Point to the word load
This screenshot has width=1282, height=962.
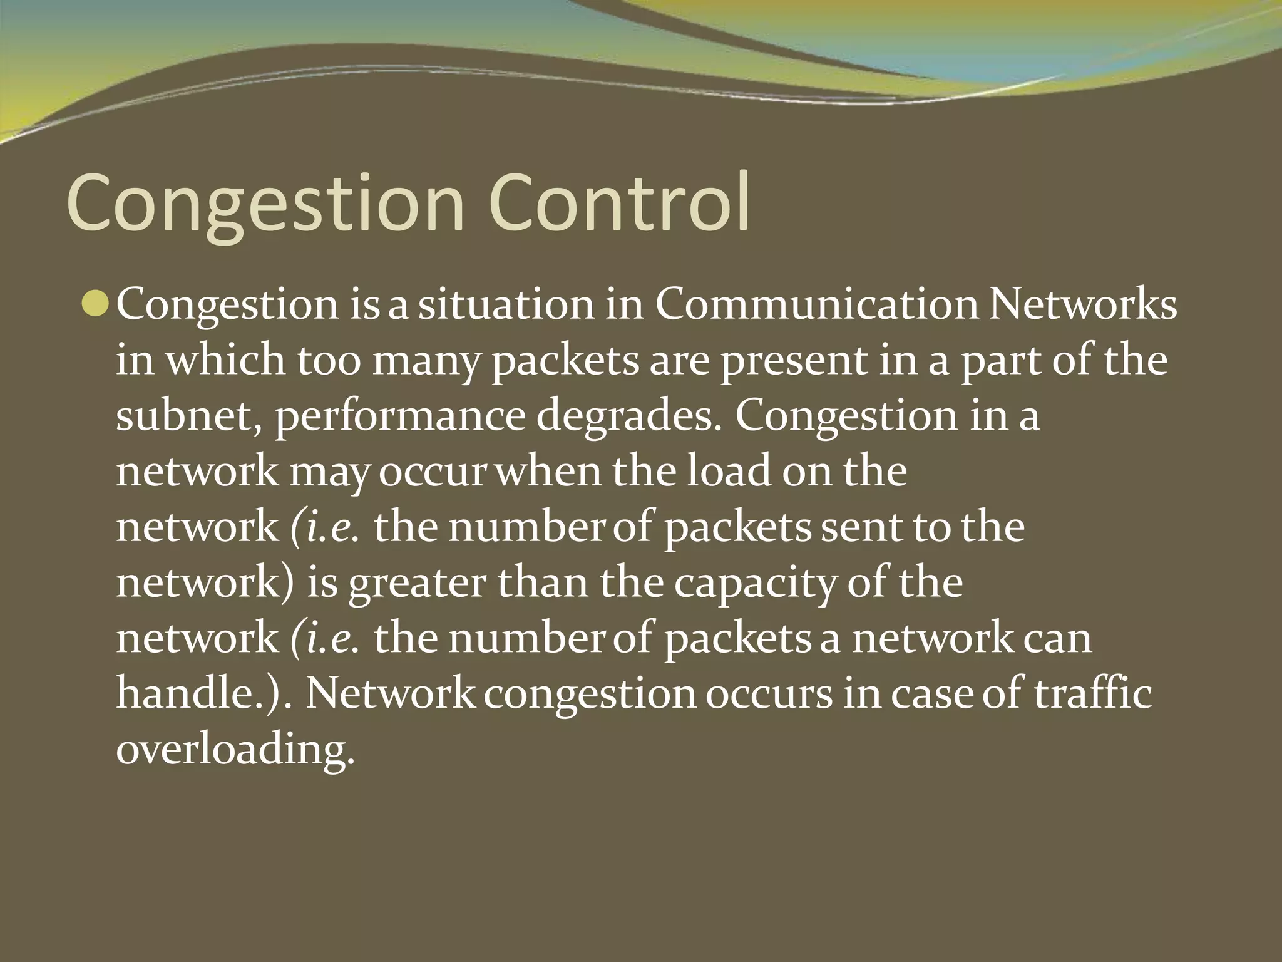(729, 471)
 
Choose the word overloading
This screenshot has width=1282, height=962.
(235, 750)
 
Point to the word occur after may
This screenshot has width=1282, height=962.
(433, 472)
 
